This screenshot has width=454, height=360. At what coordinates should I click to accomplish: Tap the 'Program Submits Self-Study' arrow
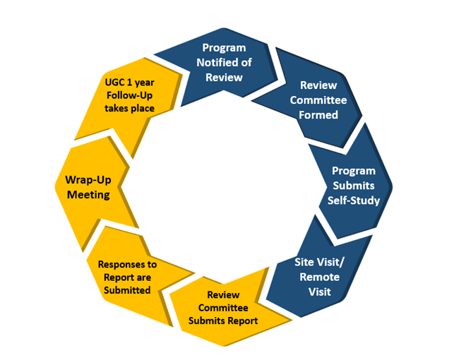tap(353, 185)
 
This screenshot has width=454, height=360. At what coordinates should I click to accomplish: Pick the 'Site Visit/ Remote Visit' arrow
tap(319, 276)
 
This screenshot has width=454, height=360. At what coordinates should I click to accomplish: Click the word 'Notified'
tap(224, 63)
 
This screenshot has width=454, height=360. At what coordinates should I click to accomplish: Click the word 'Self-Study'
tap(354, 200)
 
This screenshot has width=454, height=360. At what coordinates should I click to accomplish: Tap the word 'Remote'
tap(319, 276)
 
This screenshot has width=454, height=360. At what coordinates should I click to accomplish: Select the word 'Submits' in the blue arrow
tap(354, 186)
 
